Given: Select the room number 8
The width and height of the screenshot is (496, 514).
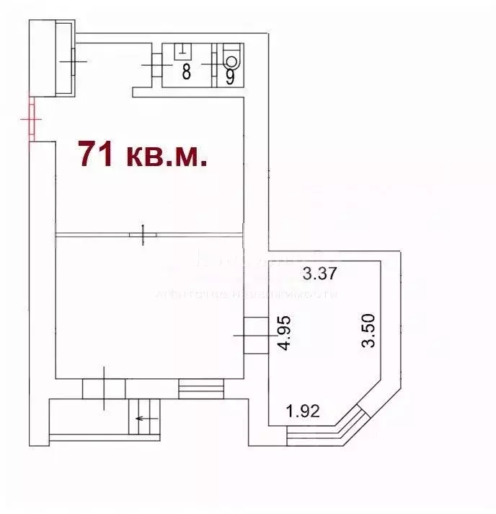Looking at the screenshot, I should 185,72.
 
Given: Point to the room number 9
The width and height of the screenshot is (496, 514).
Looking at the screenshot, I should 230,75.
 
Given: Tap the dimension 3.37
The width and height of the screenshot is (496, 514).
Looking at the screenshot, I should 319,274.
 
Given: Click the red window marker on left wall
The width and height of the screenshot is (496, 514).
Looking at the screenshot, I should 32,119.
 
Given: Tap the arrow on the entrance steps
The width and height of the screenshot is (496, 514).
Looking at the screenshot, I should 146,419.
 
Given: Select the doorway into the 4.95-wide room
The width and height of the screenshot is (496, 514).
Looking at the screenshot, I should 255,336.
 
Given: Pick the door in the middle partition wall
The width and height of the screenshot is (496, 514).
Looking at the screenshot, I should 144,235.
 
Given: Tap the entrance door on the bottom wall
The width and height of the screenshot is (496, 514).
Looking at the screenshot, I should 104,388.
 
